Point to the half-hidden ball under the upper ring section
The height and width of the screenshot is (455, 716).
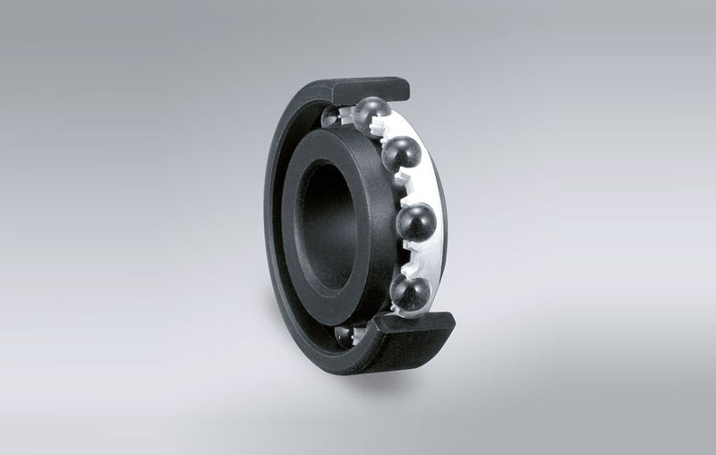(332, 117)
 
